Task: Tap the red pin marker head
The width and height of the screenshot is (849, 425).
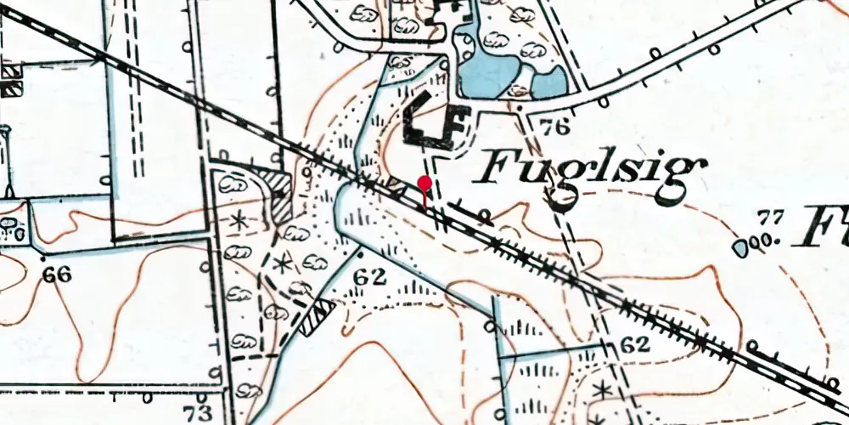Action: click(x=424, y=182)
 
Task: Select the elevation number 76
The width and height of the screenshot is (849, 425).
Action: click(x=554, y=128)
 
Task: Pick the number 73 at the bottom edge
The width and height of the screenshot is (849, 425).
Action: click(x=199, y=413)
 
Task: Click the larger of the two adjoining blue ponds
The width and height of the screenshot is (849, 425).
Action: click(x=485, y=64)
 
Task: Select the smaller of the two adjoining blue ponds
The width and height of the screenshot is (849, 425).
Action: click(x=550, y=82)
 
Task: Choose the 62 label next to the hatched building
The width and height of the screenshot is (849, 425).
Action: click(x=371, y=276)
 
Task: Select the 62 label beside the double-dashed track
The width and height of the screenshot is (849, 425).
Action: click(x=633, y=345)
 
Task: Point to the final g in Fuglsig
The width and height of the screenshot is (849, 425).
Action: click(x=685, y=179)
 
